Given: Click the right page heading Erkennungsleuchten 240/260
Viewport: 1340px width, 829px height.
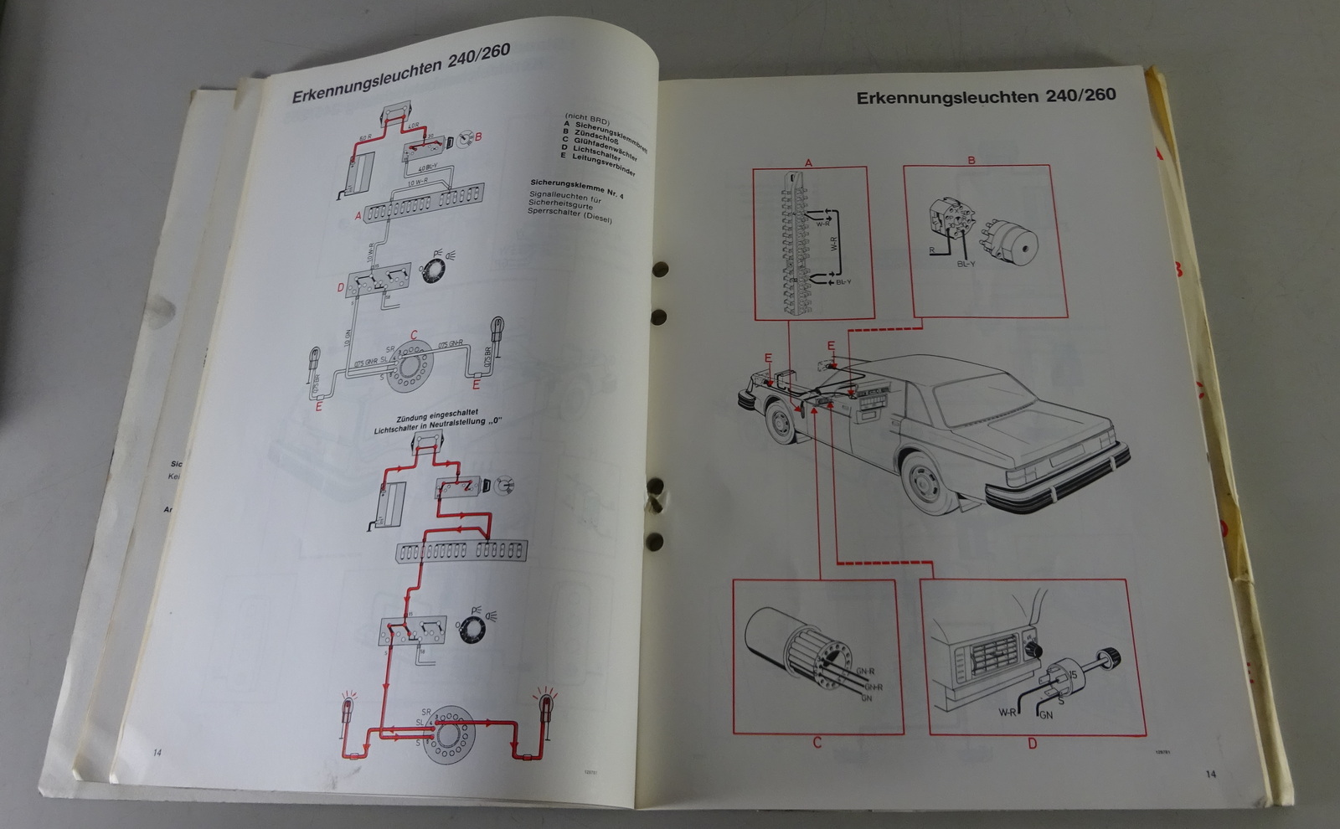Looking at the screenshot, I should click(x=986, y=96).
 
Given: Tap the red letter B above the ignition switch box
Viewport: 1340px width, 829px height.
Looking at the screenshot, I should click(x=971, y=160).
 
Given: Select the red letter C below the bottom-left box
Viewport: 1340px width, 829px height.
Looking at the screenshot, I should click(x=817, y=742).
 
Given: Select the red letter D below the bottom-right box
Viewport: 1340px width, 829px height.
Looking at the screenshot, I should click(x=1032, y=743).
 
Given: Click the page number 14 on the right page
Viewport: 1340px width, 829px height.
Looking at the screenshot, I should click(x=1210, y=774).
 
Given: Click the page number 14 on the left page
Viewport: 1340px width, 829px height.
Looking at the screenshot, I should click(x=157, y=752).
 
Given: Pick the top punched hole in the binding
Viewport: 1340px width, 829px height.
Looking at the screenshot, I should click(x=660, y=270).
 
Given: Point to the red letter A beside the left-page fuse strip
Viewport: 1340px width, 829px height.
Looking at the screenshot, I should click(x=358, y=216).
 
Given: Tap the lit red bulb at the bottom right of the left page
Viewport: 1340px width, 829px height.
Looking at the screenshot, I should click(x=546, y=706).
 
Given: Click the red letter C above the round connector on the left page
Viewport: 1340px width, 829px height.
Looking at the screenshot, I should click(x=413, y=334).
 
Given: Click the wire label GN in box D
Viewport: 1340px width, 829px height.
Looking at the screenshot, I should click(x=1045, y=715).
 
